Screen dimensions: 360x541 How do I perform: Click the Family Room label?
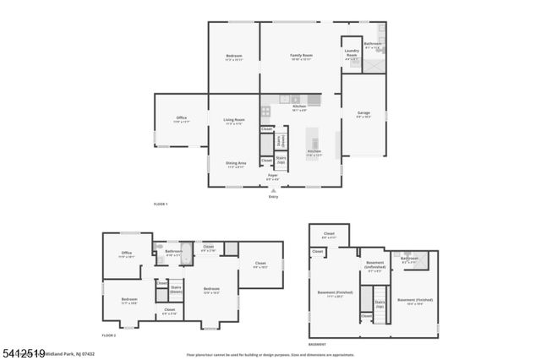point(301,57)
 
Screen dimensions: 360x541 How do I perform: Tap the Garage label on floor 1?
point(363,114)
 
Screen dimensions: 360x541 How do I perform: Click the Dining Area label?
point(235,164)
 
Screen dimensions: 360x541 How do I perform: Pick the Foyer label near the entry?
point(272,177)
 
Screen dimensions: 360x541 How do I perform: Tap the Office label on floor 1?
point(181,119)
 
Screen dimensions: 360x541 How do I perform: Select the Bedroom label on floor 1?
point(234,57)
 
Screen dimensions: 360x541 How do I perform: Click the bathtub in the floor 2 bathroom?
point(186,254)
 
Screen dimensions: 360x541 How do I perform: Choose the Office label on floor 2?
point(127,254)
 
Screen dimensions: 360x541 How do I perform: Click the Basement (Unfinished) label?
point(376,265)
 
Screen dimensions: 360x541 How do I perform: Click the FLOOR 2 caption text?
point(108,335)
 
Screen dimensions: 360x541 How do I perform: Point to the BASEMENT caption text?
point(317,345)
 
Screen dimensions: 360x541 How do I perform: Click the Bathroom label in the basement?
point(410,259)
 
